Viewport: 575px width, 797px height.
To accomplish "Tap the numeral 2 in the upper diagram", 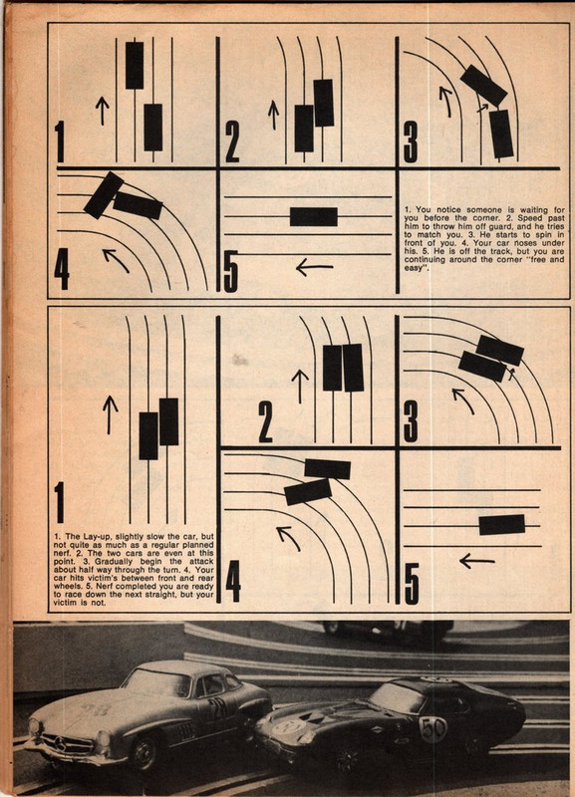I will (232, 144).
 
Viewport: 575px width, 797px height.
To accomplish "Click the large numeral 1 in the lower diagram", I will (60, 499).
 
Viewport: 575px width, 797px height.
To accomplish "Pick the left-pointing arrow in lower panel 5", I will (476, 561).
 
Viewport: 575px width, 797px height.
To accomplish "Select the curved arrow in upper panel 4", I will (117, 260).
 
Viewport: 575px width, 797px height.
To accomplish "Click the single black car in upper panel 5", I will (313, 217).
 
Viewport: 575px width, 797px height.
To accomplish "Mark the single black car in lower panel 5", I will (501, 524).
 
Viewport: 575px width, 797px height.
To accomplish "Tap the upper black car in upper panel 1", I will (135, 66).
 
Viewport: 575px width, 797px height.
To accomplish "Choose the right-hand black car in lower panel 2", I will (353, 367).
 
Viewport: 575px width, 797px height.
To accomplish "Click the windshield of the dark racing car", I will (397, 697).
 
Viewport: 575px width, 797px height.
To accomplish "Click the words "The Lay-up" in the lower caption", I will (84, 538).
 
